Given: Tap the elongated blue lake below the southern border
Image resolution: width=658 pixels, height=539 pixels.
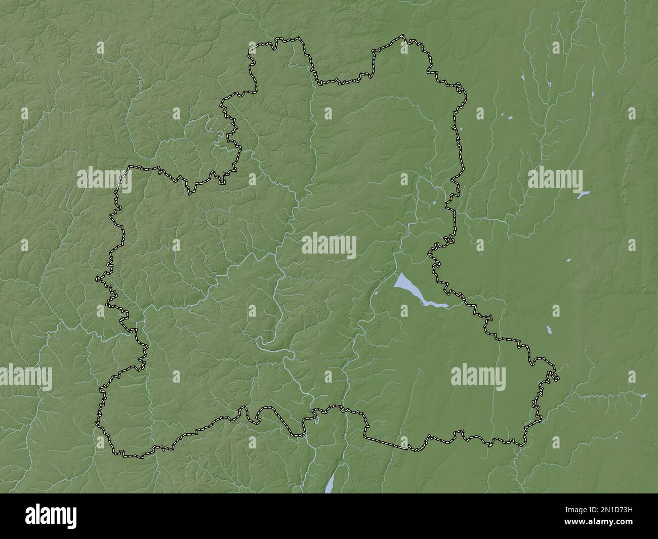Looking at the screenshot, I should pyautogui.click(x=330, y=484).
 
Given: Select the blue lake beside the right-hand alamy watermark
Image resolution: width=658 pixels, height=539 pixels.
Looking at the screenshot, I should pyautogui.click(x=584, y=194).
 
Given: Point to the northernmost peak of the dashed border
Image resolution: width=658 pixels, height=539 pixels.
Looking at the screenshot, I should pyautogui.click(x=402, y=36).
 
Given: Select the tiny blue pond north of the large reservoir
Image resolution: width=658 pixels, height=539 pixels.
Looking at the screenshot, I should pyautogui.click(x=435, y=204).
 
